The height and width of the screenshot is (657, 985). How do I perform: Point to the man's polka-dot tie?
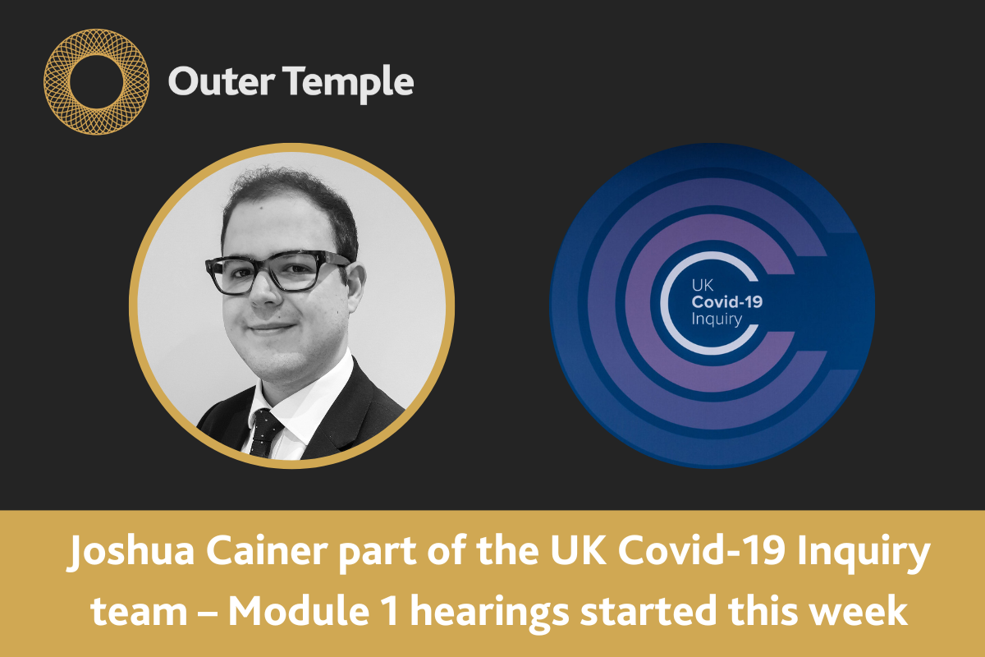coord(265,434)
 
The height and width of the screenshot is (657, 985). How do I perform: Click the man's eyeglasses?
coord(277,272)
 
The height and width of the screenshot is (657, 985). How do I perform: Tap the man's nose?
coord(267,292)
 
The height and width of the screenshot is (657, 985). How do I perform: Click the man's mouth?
coord(272,328)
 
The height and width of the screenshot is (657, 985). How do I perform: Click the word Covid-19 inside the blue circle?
coord(727,302)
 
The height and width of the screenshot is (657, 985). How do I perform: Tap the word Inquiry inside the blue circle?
coord(717,319)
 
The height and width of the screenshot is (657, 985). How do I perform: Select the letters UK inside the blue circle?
coord(703,286)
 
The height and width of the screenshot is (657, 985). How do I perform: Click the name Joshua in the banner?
coord(131,551)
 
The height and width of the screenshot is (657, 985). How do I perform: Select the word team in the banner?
coord(139,612)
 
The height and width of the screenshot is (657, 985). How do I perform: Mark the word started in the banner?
coord(648,611)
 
